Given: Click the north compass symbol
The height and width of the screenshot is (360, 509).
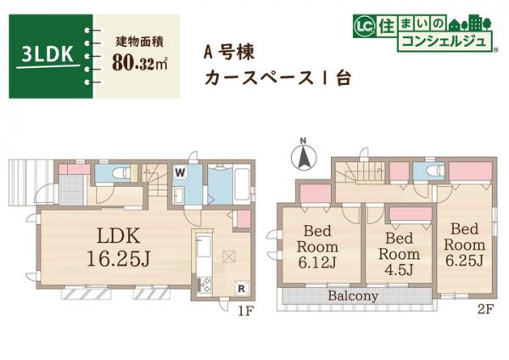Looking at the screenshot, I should click(302, 155).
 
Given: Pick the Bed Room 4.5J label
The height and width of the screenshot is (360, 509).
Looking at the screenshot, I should click(397, 253).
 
